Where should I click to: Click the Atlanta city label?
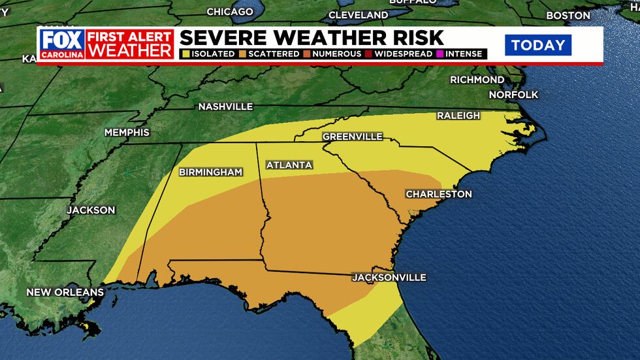pyautogui.click(x=289, y=165)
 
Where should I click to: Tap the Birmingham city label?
pyautogui.click(x=211, y=172)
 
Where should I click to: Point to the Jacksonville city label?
pyautogui.click(x=389, y=278)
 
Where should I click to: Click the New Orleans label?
pyautogui.click(x=65, y=292)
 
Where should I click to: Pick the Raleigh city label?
pyautogui.click(x=458, y=116)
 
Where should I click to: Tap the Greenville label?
pyautogui.click(x=352, y=137)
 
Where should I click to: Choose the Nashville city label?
pyautogui.click(x=225, y=106)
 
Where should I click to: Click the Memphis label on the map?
pyautogui.click(x=127, y=133)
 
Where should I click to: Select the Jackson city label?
pyautogui.click(x=91, y=210)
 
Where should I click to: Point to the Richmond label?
pyautogui.click(x=477, y=80)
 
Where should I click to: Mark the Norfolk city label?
pyautogui.click(x=514, y=95)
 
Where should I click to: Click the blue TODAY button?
pyautogui.click(x=537, y=45)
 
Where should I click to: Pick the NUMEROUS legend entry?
pyautogui.click(x=334, y=54)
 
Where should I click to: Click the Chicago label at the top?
pyautogui.click(x=229, y=12)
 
